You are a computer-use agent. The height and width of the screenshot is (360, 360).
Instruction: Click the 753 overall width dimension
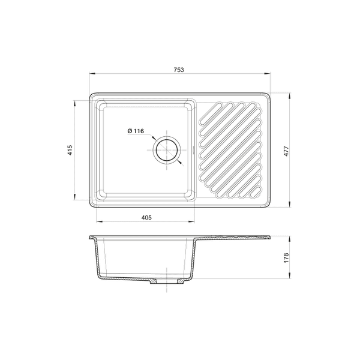pyautogui.click(x=179, y=70)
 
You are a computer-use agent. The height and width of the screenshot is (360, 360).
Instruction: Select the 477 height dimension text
pyautogui.click(x=286, y=151)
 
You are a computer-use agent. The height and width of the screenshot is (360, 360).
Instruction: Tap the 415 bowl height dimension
pyautogui.click(x=70, y=150)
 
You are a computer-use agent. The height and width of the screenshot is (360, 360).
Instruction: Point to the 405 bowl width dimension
pyautogui.click(x=146, y=217)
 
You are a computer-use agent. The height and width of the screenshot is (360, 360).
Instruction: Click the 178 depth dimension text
pyautogui.click(x=286, y=258)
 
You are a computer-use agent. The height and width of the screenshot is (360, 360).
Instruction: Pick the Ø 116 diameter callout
pyautogui.click(x=136, y=131)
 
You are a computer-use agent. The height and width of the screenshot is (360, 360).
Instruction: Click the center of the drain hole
pyautogui.click(x=167, y=150)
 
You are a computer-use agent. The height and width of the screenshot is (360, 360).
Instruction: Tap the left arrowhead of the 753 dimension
pyautogui.click(x=92, y=74)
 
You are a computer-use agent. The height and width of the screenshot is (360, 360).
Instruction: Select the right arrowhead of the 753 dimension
pyautogui.click(x=267, y=74)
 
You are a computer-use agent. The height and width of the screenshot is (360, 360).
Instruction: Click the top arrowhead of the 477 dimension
pyautogui.click(x=290, y=96)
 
